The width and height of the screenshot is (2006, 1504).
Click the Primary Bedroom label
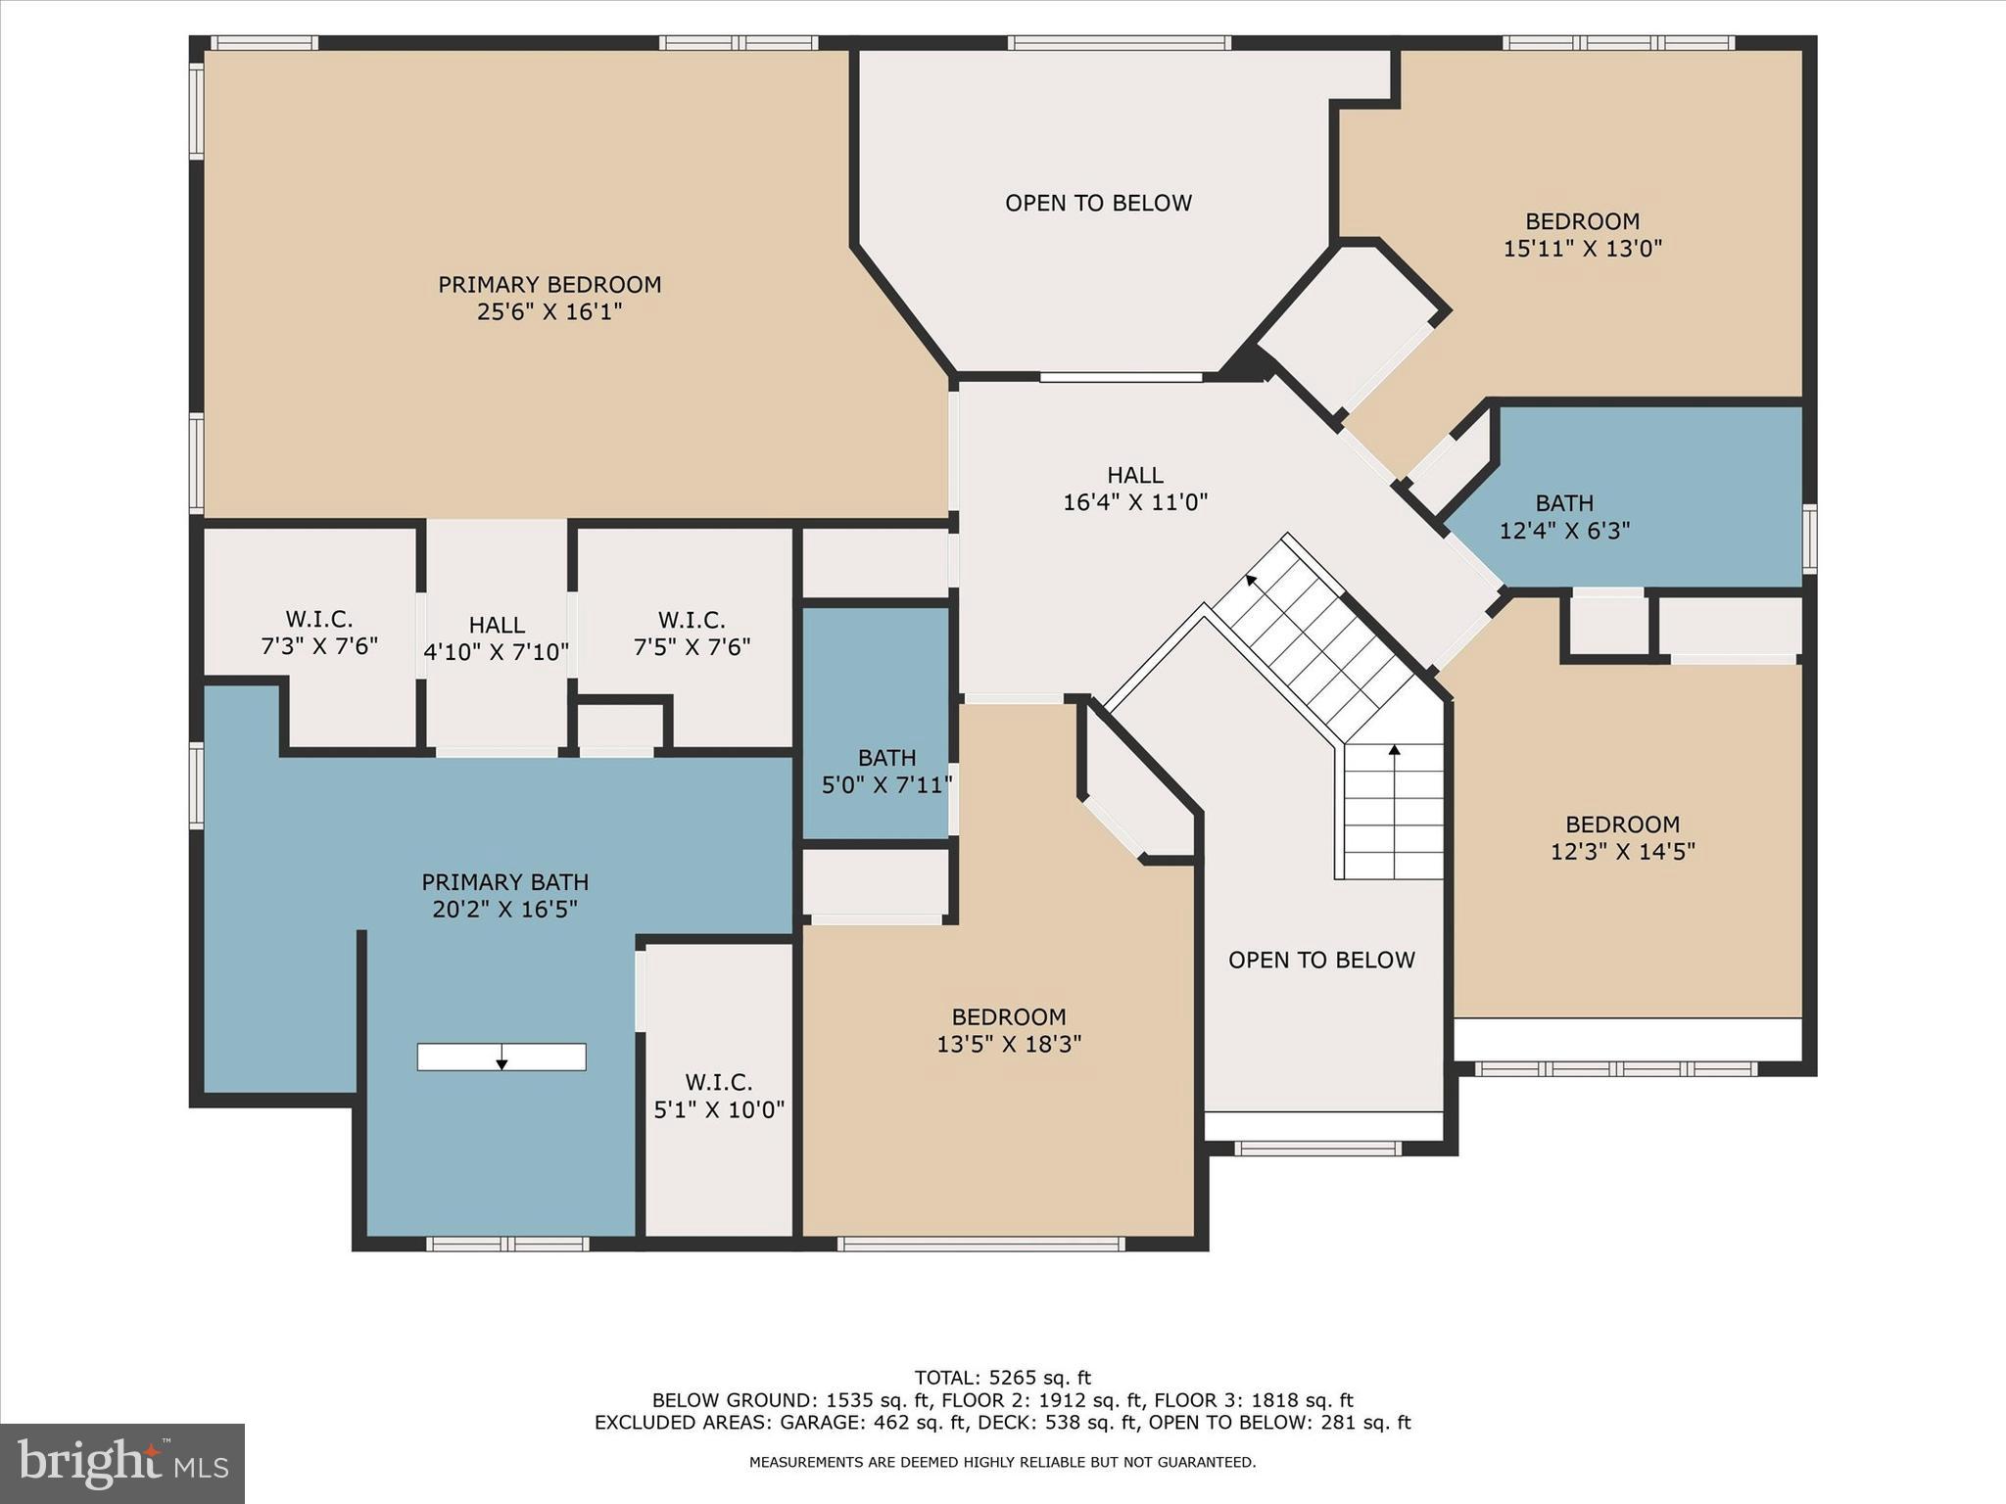pos(549,285)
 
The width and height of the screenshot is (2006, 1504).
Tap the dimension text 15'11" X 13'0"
pos(1583,249)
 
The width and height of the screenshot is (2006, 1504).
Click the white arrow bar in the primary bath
pos(501,1057)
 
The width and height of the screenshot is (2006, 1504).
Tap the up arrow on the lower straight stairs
pos(1394,752)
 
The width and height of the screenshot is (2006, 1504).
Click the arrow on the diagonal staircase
pos(1252,582)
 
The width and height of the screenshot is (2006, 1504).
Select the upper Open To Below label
pos(1098,204)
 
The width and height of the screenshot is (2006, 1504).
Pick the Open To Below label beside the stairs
pos(1321,961)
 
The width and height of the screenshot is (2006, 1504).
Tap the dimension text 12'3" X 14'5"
pos(1622,852)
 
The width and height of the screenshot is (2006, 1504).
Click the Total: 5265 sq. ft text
pos(1002,1379)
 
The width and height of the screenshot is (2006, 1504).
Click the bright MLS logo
pos(122,1464)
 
